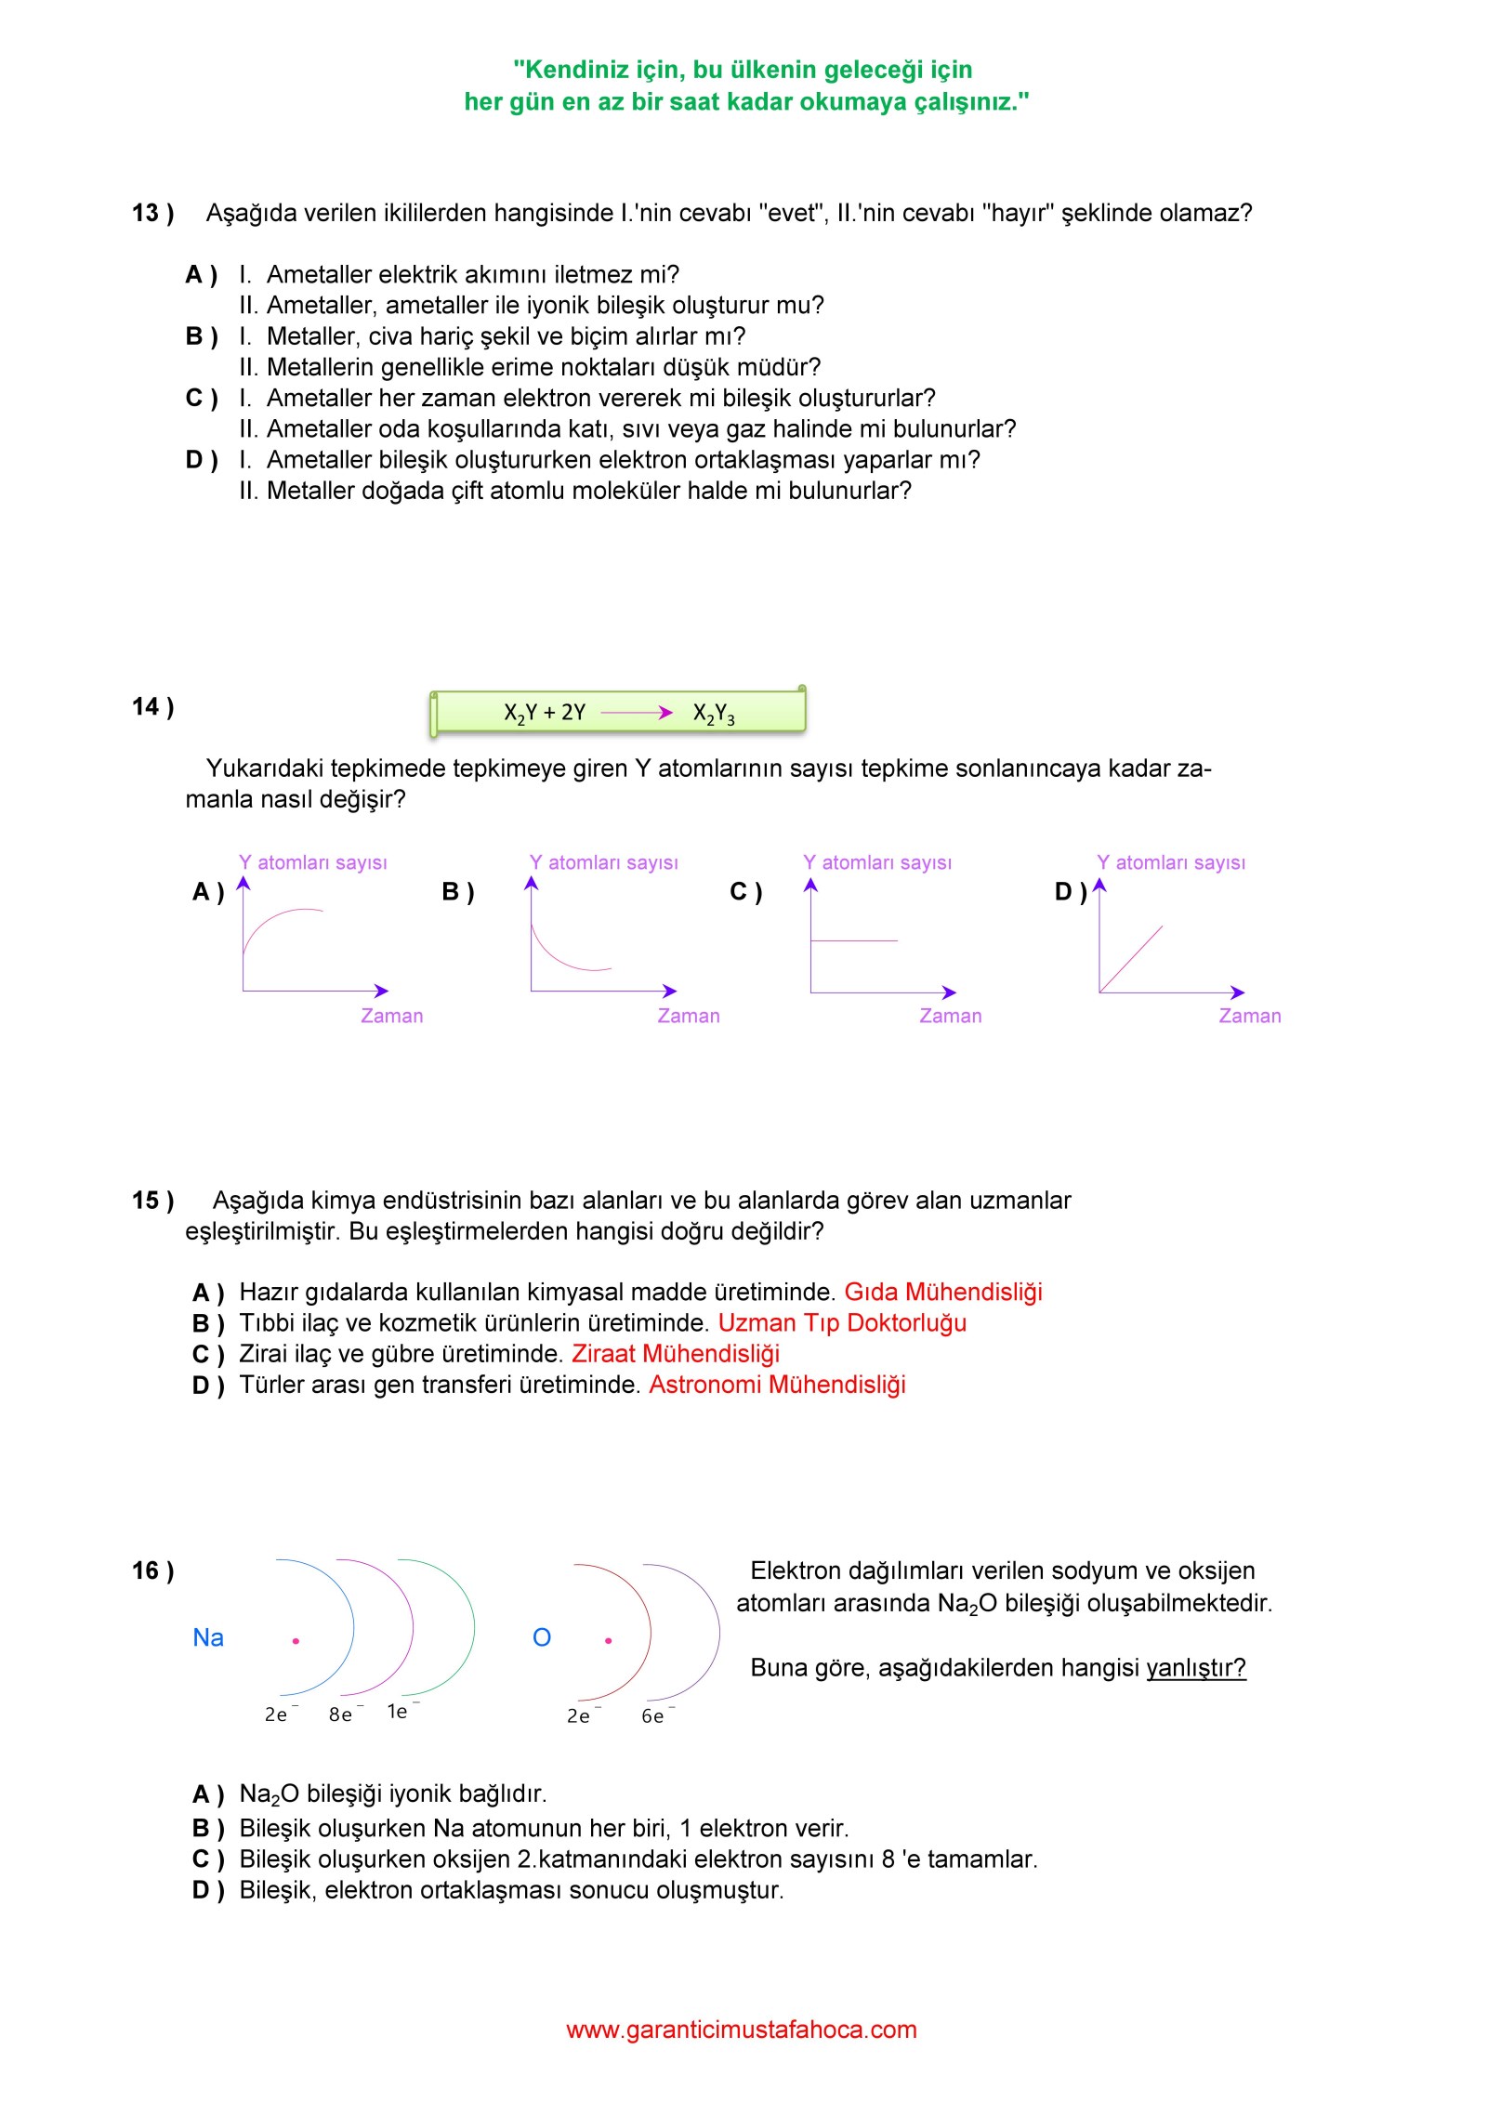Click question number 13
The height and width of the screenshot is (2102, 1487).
(x=151, y=214)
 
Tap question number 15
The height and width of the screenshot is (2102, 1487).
(x=151, y=1201)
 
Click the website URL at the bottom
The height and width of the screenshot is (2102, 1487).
(x=741, y=2030)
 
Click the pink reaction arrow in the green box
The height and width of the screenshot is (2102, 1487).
(x=637, y=713)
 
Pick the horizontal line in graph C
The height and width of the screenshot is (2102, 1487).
(x=854, y=940)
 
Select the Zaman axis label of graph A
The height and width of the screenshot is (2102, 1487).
(x=391, y=1016)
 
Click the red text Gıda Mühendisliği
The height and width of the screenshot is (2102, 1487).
(x=942, y=1292)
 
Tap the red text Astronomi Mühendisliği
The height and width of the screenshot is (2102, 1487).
(x=777, y=1385)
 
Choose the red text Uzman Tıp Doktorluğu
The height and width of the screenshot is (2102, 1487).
(x=842, y=1322)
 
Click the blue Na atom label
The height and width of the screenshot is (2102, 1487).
(x=208, y=1637)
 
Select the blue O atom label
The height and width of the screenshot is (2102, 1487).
(x=542, y=1637)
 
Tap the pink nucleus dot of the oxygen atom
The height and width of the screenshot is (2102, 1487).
(x=609, y=1641)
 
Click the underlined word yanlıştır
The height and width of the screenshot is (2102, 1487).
(x=1195, y=1668)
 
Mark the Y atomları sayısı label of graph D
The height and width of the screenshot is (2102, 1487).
(x=1170, y=862)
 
